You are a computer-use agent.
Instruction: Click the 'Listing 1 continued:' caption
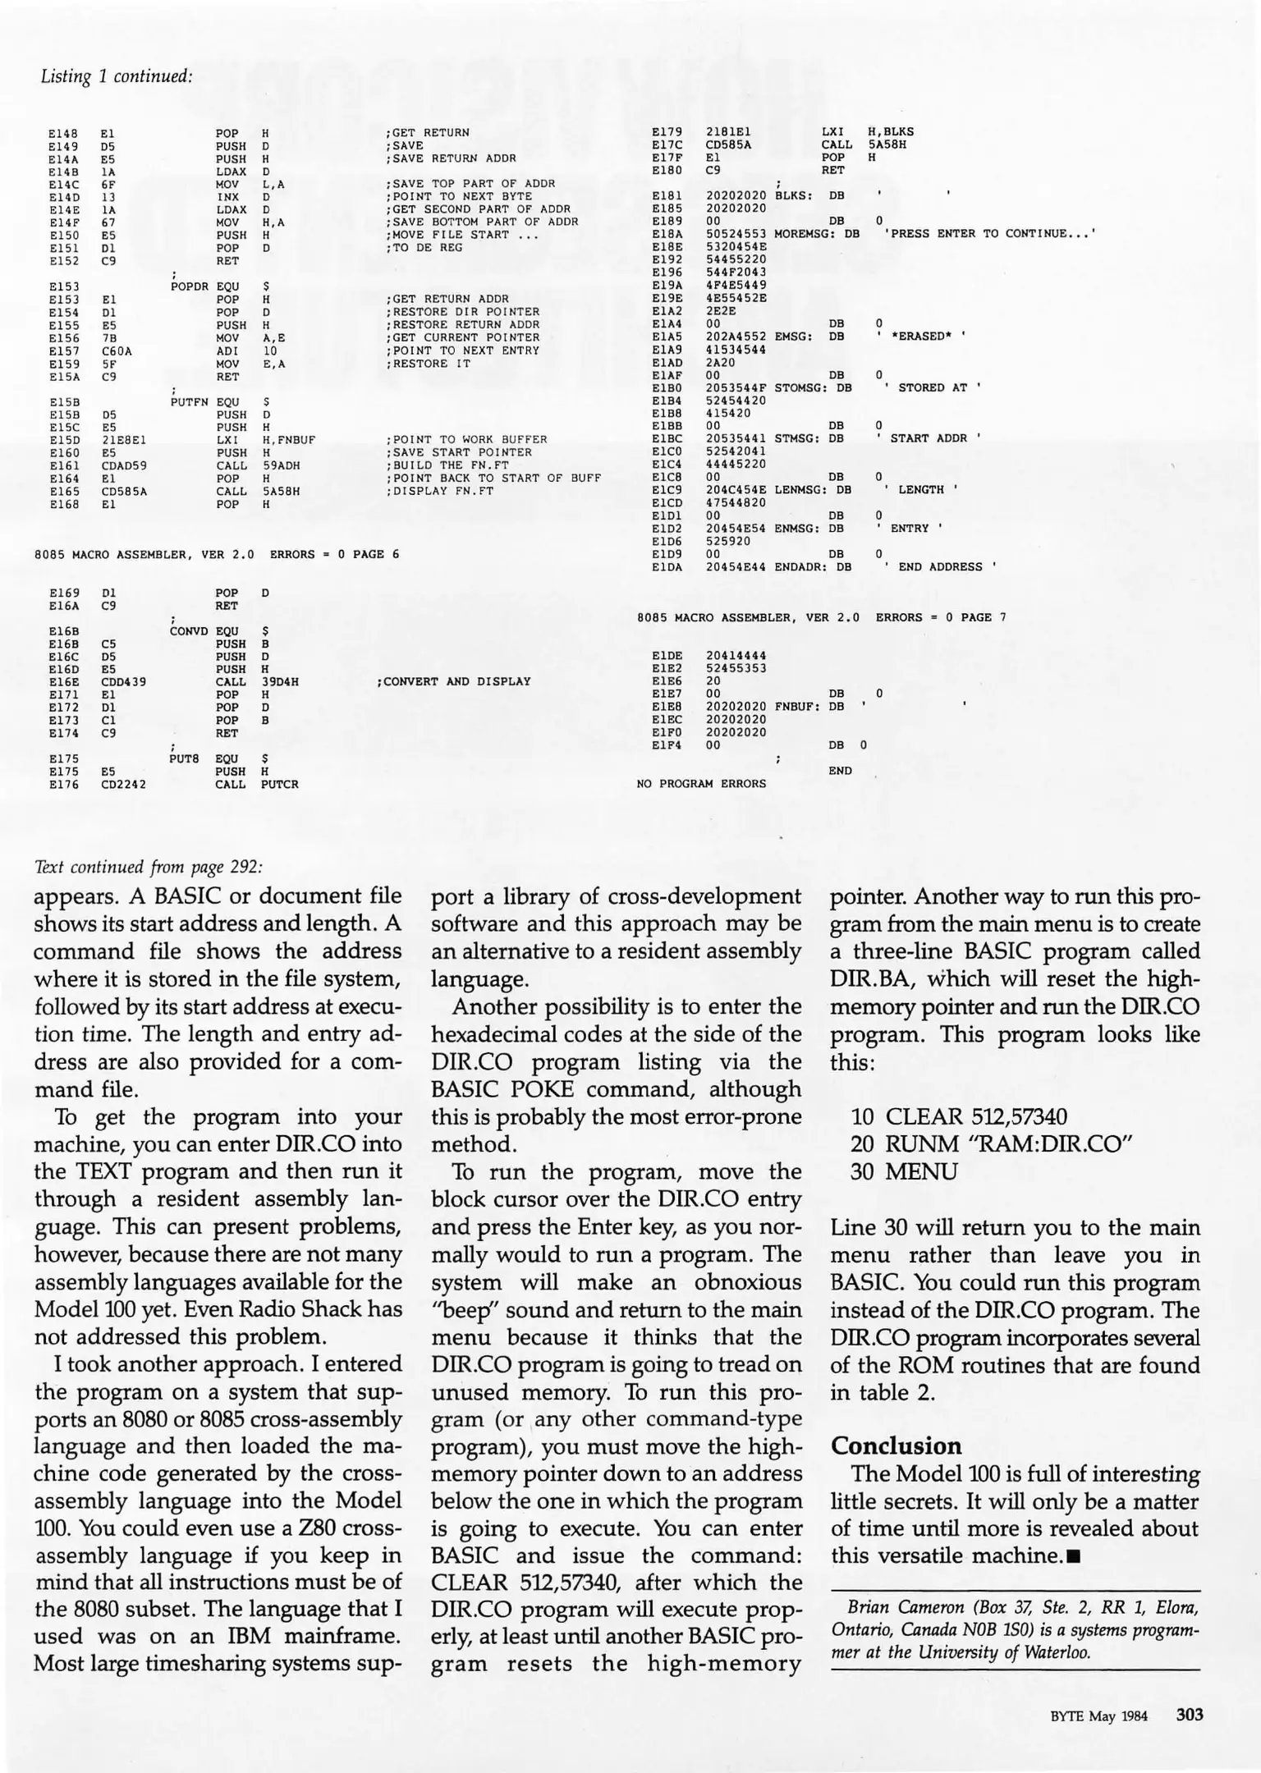click(x=116, y=76)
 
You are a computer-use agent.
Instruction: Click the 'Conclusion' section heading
click(x=896, y=1445)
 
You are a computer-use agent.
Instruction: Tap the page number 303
click(x=1189, y=1715)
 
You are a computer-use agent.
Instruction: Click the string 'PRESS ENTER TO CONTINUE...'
click(x=989, y=233)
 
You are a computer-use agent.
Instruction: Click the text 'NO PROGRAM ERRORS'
click(x=701, y=784)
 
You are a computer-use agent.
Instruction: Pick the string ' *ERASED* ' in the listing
click(x=920, y=336)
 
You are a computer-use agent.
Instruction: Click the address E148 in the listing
click(x=63, y=132)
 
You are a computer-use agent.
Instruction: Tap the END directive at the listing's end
click(x=840, y=771)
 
